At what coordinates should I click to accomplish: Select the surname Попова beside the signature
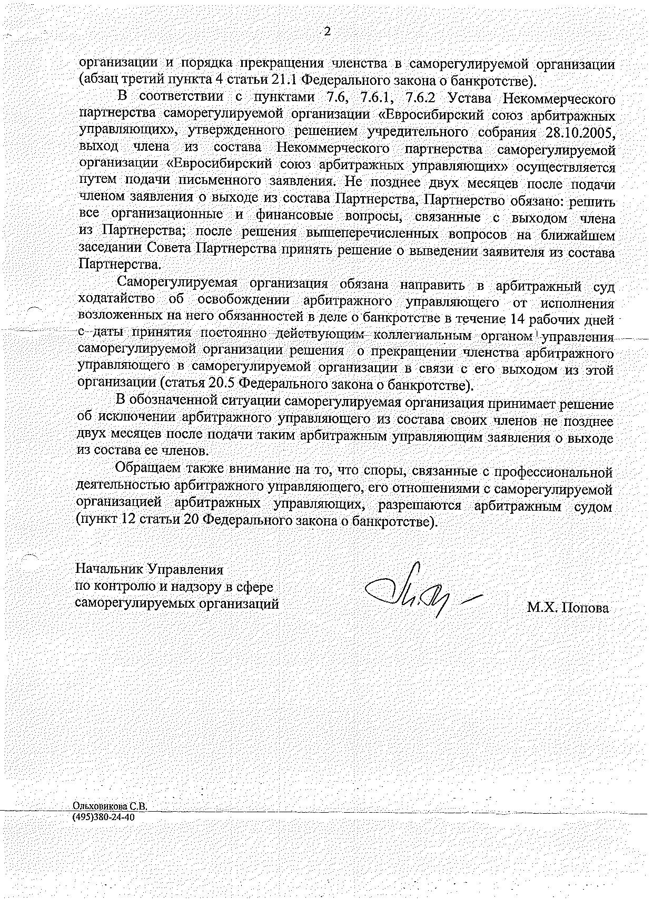tap(585, 608)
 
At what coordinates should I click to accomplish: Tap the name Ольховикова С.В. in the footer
tap(110, 806)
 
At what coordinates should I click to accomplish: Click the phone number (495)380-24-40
tap(104, 817)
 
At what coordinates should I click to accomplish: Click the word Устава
tap(473, 99)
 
